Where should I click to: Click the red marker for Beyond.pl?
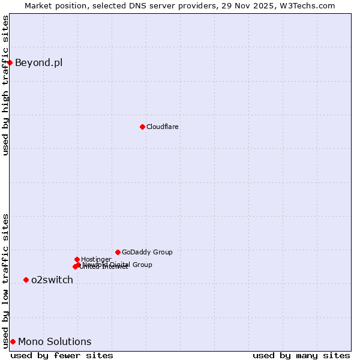(x=10, y=62)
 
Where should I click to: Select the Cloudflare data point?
(x=142, y=127)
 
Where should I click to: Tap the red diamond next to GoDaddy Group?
(x=118, y=252)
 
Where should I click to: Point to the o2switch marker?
(x=26, y=280)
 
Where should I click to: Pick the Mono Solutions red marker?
(x=13, y=341)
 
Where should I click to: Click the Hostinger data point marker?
(x=77, y=259)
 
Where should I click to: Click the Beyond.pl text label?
(x=38, y=62)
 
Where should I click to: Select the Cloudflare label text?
(x=163, y=127)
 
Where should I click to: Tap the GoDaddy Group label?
(x=147, y=252)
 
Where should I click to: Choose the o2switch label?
(x=52, y=280)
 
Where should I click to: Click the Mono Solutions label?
(x=55, y=341)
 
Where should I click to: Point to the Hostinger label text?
(x=96, y=259)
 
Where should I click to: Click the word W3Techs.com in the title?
(x=308, y=6)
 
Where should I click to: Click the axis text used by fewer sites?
(x=62, y=355)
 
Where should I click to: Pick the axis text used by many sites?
(x=301, y=355)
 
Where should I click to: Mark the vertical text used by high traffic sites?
(x=6, y=85)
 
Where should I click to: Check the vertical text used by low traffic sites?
(x=6, y=280)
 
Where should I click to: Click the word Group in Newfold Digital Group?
(x=142, y=265)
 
